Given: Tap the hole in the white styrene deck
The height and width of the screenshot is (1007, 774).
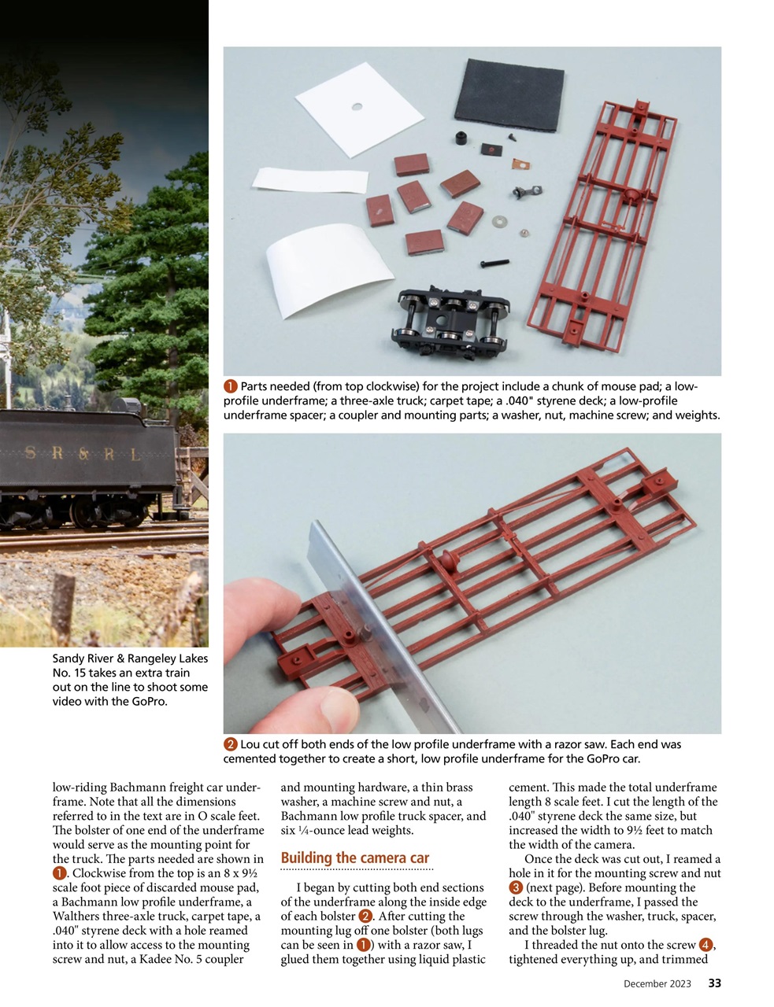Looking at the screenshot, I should tap(356, 106).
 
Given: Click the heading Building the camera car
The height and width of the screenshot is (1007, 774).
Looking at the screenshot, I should tap(354, 858).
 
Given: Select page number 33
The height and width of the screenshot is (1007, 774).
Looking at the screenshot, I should tap(714, 983).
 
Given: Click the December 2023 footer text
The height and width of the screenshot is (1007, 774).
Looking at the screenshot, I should tap(657, 984).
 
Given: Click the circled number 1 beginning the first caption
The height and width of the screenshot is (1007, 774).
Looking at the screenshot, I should tap(230, 386).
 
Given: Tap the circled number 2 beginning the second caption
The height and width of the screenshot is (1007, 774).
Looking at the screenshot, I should tap(230, 744).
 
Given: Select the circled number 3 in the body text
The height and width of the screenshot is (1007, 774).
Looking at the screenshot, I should tap(516, 887).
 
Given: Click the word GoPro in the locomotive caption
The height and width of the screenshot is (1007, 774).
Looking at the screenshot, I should tap(148, 701).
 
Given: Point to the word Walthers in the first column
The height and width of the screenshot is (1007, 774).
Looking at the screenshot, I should tap(77, 917).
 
